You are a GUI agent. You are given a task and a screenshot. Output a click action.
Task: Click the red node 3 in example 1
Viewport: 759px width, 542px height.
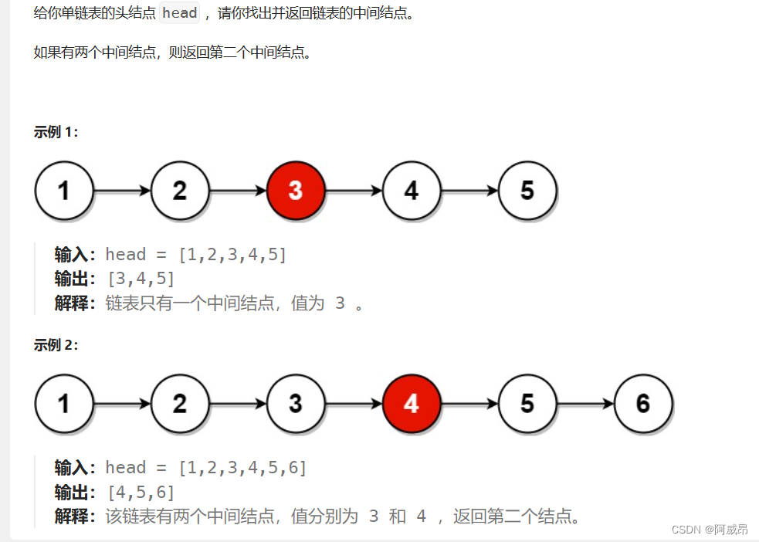296,190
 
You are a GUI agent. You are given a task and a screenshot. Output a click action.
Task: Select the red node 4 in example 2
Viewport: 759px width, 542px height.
412,403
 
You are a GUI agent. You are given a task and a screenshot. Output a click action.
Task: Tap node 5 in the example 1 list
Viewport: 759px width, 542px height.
527,190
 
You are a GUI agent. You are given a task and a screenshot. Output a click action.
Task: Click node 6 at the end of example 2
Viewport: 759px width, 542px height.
643,403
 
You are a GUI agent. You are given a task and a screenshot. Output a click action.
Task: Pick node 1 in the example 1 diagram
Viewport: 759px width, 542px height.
64,190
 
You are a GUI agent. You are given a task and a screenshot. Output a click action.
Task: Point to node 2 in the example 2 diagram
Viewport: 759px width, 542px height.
180,403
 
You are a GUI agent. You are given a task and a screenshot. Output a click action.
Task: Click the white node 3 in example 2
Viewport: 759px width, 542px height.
296,403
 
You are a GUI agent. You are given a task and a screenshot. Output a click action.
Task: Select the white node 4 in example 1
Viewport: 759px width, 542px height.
412,190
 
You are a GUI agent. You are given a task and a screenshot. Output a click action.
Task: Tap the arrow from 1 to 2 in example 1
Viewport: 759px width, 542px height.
122,190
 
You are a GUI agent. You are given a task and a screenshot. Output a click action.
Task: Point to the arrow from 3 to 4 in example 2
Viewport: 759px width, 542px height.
354,403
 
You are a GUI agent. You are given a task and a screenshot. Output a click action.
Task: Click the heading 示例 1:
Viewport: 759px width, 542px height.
56,132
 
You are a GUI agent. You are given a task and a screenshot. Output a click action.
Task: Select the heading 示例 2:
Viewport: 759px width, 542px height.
56,345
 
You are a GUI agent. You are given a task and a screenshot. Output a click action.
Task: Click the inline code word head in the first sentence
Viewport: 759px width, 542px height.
179,14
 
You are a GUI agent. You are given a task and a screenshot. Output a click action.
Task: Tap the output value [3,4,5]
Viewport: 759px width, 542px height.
141,279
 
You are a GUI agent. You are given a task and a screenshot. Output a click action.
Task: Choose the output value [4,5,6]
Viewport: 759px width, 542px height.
141,492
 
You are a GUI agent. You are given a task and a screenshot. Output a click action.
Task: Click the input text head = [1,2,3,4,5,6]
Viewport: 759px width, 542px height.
206,468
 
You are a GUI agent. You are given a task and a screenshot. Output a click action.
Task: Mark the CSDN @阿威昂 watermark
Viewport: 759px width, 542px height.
710,530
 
